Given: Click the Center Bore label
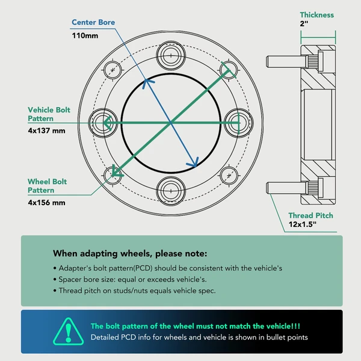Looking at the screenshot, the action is pos(93,22).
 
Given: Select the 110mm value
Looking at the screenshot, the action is pos(85,35).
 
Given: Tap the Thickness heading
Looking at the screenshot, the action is pos(317,15).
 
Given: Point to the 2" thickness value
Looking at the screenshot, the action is pos(304,23).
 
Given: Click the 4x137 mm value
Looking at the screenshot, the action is pos(46,131).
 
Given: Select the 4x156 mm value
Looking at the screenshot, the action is pos(46,203).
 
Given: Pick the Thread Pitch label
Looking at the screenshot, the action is pos(311,215).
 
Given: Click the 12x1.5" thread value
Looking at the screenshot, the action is pos(303,224).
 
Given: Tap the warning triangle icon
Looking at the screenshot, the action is pos(69,332).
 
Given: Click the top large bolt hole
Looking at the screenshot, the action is pos(171,55).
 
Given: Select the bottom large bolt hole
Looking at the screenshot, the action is pos(171,191).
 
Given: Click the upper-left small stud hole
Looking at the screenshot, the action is pos(113,70).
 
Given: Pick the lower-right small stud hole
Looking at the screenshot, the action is pos(229,176).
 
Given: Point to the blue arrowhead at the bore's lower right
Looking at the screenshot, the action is pos(194,162).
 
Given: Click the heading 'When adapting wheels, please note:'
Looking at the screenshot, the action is pos(130,253).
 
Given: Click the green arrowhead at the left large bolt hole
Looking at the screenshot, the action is pos(108,123).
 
